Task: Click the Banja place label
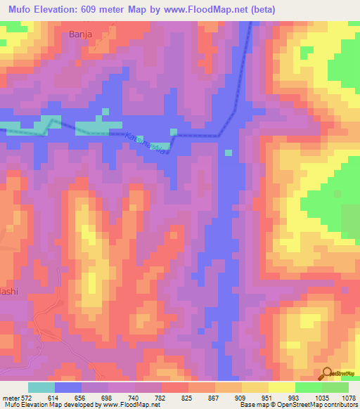[81, 33]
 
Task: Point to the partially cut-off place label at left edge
[8, 292]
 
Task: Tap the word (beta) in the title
[259, 9]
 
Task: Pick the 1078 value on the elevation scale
[349, 397]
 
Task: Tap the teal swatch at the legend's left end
[41, 387]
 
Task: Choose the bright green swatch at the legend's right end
[335, 387]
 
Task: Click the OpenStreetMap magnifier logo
[327, 373]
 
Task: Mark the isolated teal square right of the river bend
[228, 152]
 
